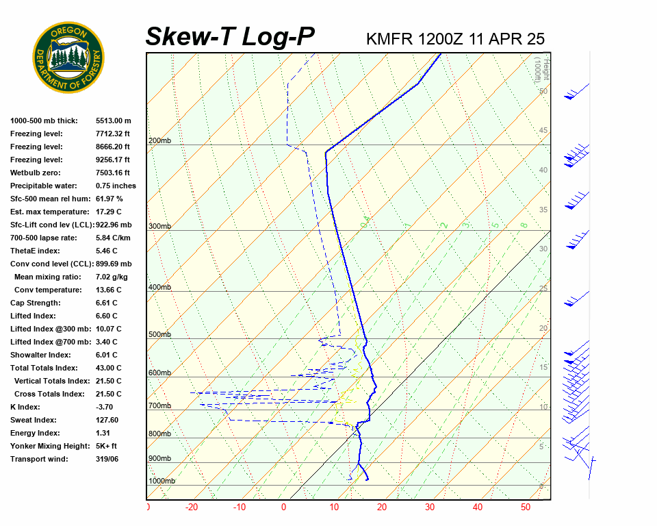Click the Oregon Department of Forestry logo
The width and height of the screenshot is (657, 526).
(x=68, y=58)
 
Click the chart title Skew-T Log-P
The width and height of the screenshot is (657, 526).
(x=230, y=36)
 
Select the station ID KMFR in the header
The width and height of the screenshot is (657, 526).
(x=389, y=39)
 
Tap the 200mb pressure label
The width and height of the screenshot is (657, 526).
(x=159, y=141)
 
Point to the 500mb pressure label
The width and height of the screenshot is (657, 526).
(x=159, y=335)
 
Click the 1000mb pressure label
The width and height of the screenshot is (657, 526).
(x=162, y=481)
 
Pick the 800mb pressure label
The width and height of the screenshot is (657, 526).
(x=159, y=434)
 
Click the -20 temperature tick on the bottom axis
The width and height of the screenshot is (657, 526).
(x=191, y=508)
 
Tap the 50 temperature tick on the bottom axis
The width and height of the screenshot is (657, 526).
(x=526, y=508)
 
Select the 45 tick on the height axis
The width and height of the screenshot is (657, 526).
(x=543, y=131)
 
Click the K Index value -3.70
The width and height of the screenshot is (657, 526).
(x=106, y=407)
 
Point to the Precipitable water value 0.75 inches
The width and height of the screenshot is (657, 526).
(x=116, y=186)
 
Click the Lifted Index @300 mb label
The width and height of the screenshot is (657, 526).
(x=50, y=329)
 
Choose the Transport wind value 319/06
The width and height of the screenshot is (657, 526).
(x=107, y=459)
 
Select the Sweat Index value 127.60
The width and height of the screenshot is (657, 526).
(x=107, y=420)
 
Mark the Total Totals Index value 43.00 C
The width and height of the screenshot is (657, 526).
(x=108, y=368)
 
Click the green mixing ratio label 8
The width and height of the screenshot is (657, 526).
(x=523, y=225)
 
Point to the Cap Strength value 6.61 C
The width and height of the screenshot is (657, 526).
(x=106, y=303)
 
